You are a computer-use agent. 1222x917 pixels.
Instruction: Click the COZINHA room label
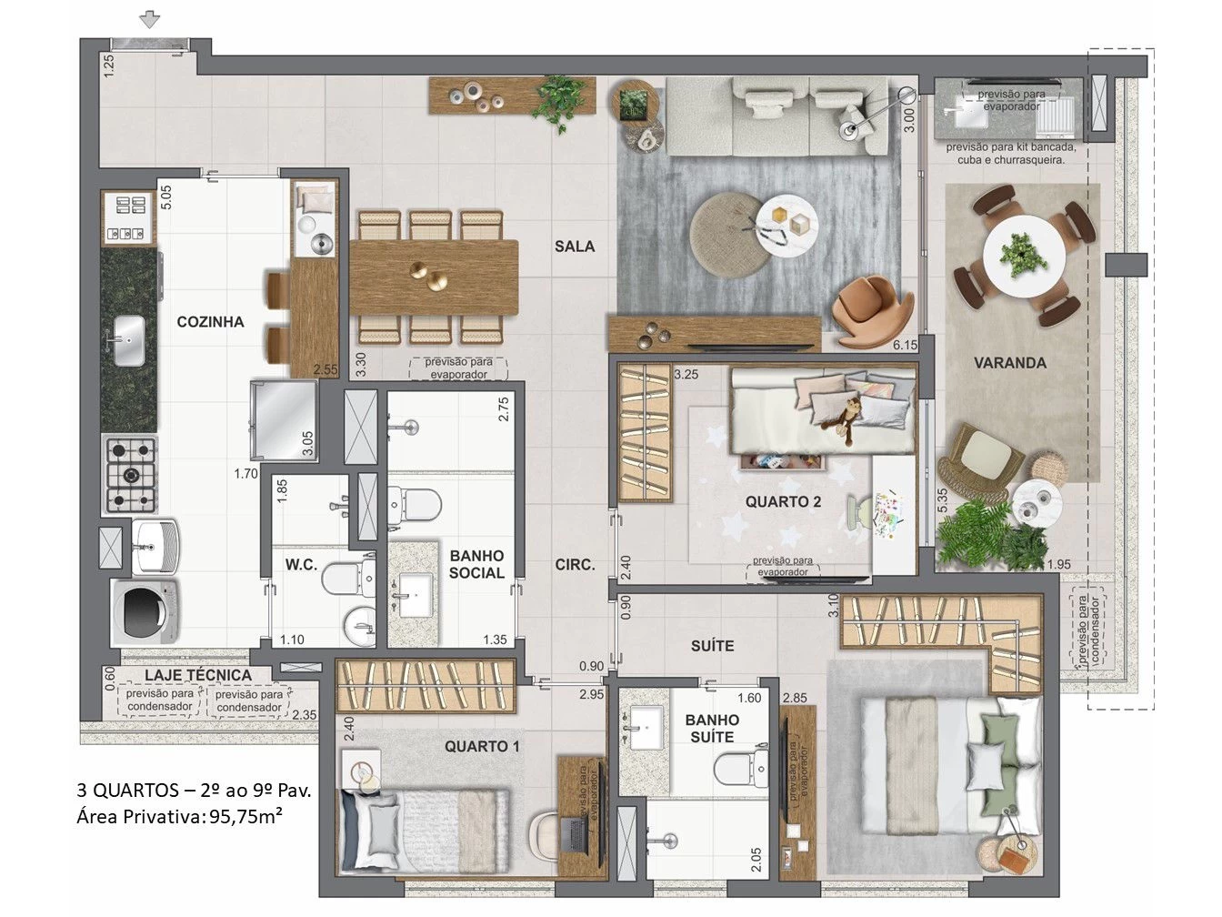pos(210,322)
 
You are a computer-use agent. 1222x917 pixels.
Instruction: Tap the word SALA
pos(575,247)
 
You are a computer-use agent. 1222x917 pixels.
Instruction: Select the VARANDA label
pos(1010,363)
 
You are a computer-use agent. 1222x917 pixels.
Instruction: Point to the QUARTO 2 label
pos(783,501)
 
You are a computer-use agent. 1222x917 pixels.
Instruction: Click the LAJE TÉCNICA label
pos(198,675)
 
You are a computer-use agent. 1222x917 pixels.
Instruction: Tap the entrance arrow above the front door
pos(149,21)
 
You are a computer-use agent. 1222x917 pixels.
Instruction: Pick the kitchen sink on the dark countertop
pos(129,340)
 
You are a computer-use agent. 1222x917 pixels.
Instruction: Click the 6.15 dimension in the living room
pos(905,345)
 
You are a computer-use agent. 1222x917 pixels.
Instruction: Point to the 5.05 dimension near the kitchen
pos(166,197)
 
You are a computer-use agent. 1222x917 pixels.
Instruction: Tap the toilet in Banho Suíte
pos(741,769)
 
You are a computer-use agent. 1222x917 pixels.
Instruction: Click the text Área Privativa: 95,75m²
pos(179,817)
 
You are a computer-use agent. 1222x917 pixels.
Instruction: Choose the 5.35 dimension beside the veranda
pos(942,500)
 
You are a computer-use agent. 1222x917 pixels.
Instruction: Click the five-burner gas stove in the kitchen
pos(131,475)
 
